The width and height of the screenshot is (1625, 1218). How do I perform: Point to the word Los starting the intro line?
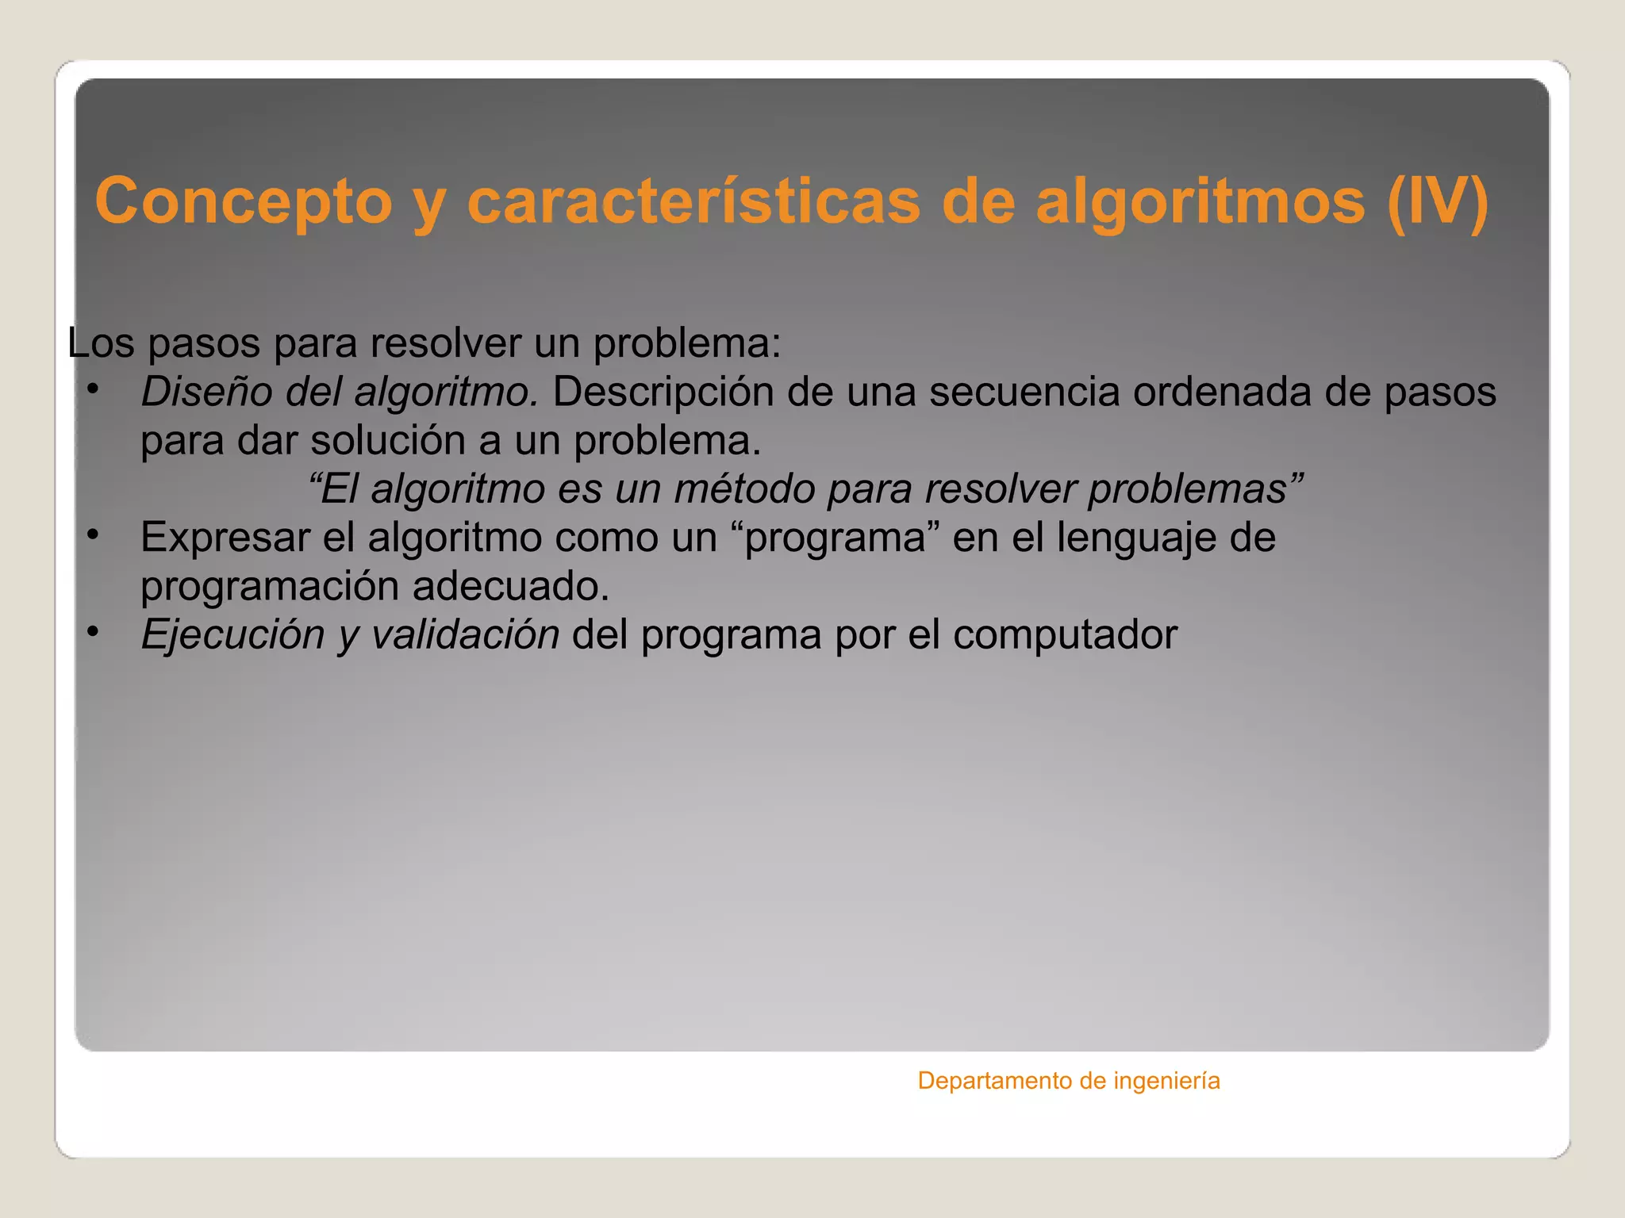(x=101, y=343)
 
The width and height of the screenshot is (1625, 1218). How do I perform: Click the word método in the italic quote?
(x=744, y=488)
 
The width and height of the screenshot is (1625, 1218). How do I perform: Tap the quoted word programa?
(x=836, y=538)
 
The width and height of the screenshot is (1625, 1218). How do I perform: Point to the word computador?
(x=1065, y=635)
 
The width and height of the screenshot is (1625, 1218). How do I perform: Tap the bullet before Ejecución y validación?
(x=93, y=632)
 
